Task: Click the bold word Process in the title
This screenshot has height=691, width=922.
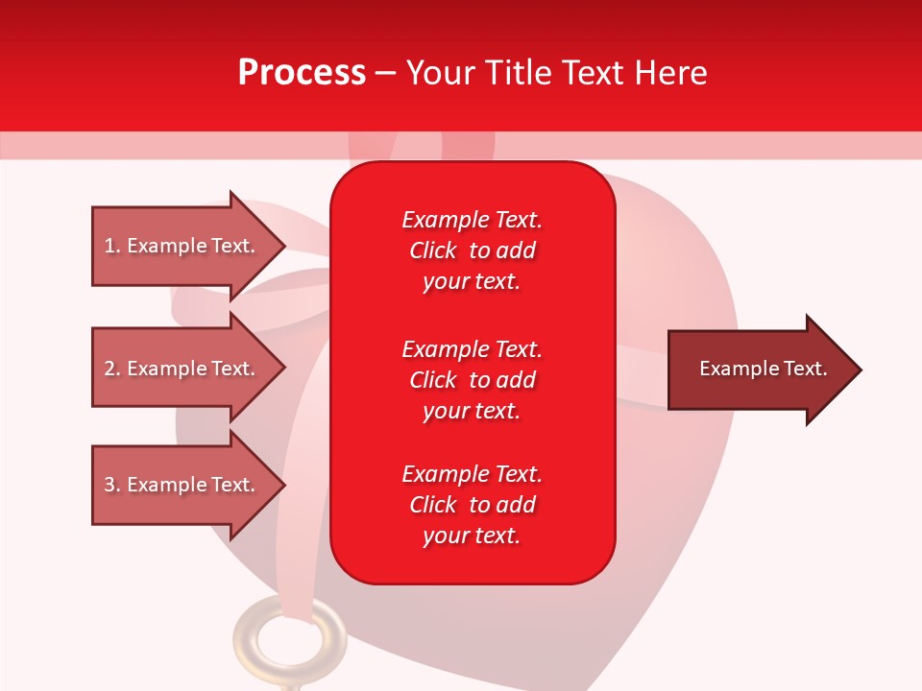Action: (x=302, y=73)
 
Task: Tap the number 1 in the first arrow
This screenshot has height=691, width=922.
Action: (x=109, y=246)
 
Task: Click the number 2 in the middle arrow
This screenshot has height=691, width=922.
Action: (x=109, y=369)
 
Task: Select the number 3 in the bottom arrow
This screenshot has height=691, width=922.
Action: (x=109, y=485)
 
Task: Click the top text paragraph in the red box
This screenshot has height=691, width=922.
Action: (x=472, y=250)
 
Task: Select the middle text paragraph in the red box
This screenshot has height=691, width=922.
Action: (x=472, y=380)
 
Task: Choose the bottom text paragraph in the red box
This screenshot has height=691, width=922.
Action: (x=472, y=505)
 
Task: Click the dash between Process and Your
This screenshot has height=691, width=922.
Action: (x=385, y=73)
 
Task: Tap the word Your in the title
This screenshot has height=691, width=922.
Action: (x=441, y=73)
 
